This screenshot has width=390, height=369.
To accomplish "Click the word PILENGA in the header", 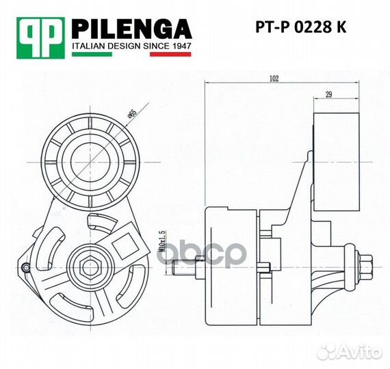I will [x=132, y=29].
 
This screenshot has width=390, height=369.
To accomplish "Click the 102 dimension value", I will [x=274, y=79].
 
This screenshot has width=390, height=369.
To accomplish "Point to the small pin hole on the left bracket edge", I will [x=26, y=266].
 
